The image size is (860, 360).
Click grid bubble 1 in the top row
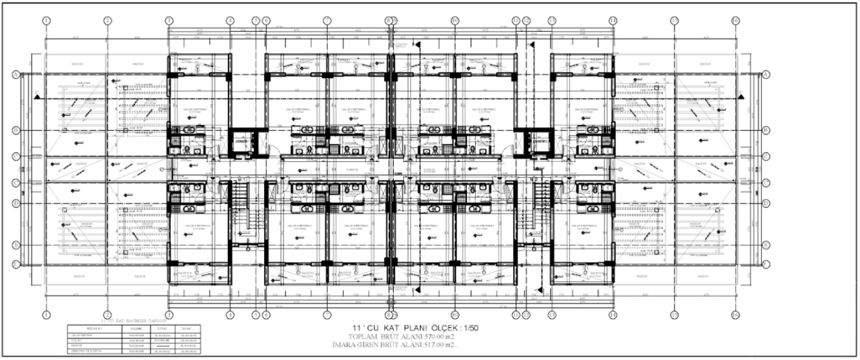[x=46, y=21]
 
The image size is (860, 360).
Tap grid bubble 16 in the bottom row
[x=735, y=314]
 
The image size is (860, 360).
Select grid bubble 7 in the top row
[x=327, y=21]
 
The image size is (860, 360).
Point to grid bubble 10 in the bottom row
[x=454, y=314]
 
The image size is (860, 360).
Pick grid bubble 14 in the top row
[x=613, y=21]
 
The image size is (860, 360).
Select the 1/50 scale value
[x=469, y=327]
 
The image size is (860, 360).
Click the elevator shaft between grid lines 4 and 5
[x=241, y=142]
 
